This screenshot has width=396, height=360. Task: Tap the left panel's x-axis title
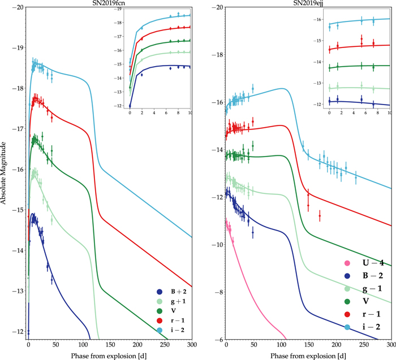tap(110, 354)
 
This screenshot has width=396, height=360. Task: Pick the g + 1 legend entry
tap(173, 302)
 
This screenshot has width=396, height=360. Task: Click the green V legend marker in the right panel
tap(347, 302)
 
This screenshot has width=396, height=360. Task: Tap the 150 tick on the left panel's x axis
tap(110, 345)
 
